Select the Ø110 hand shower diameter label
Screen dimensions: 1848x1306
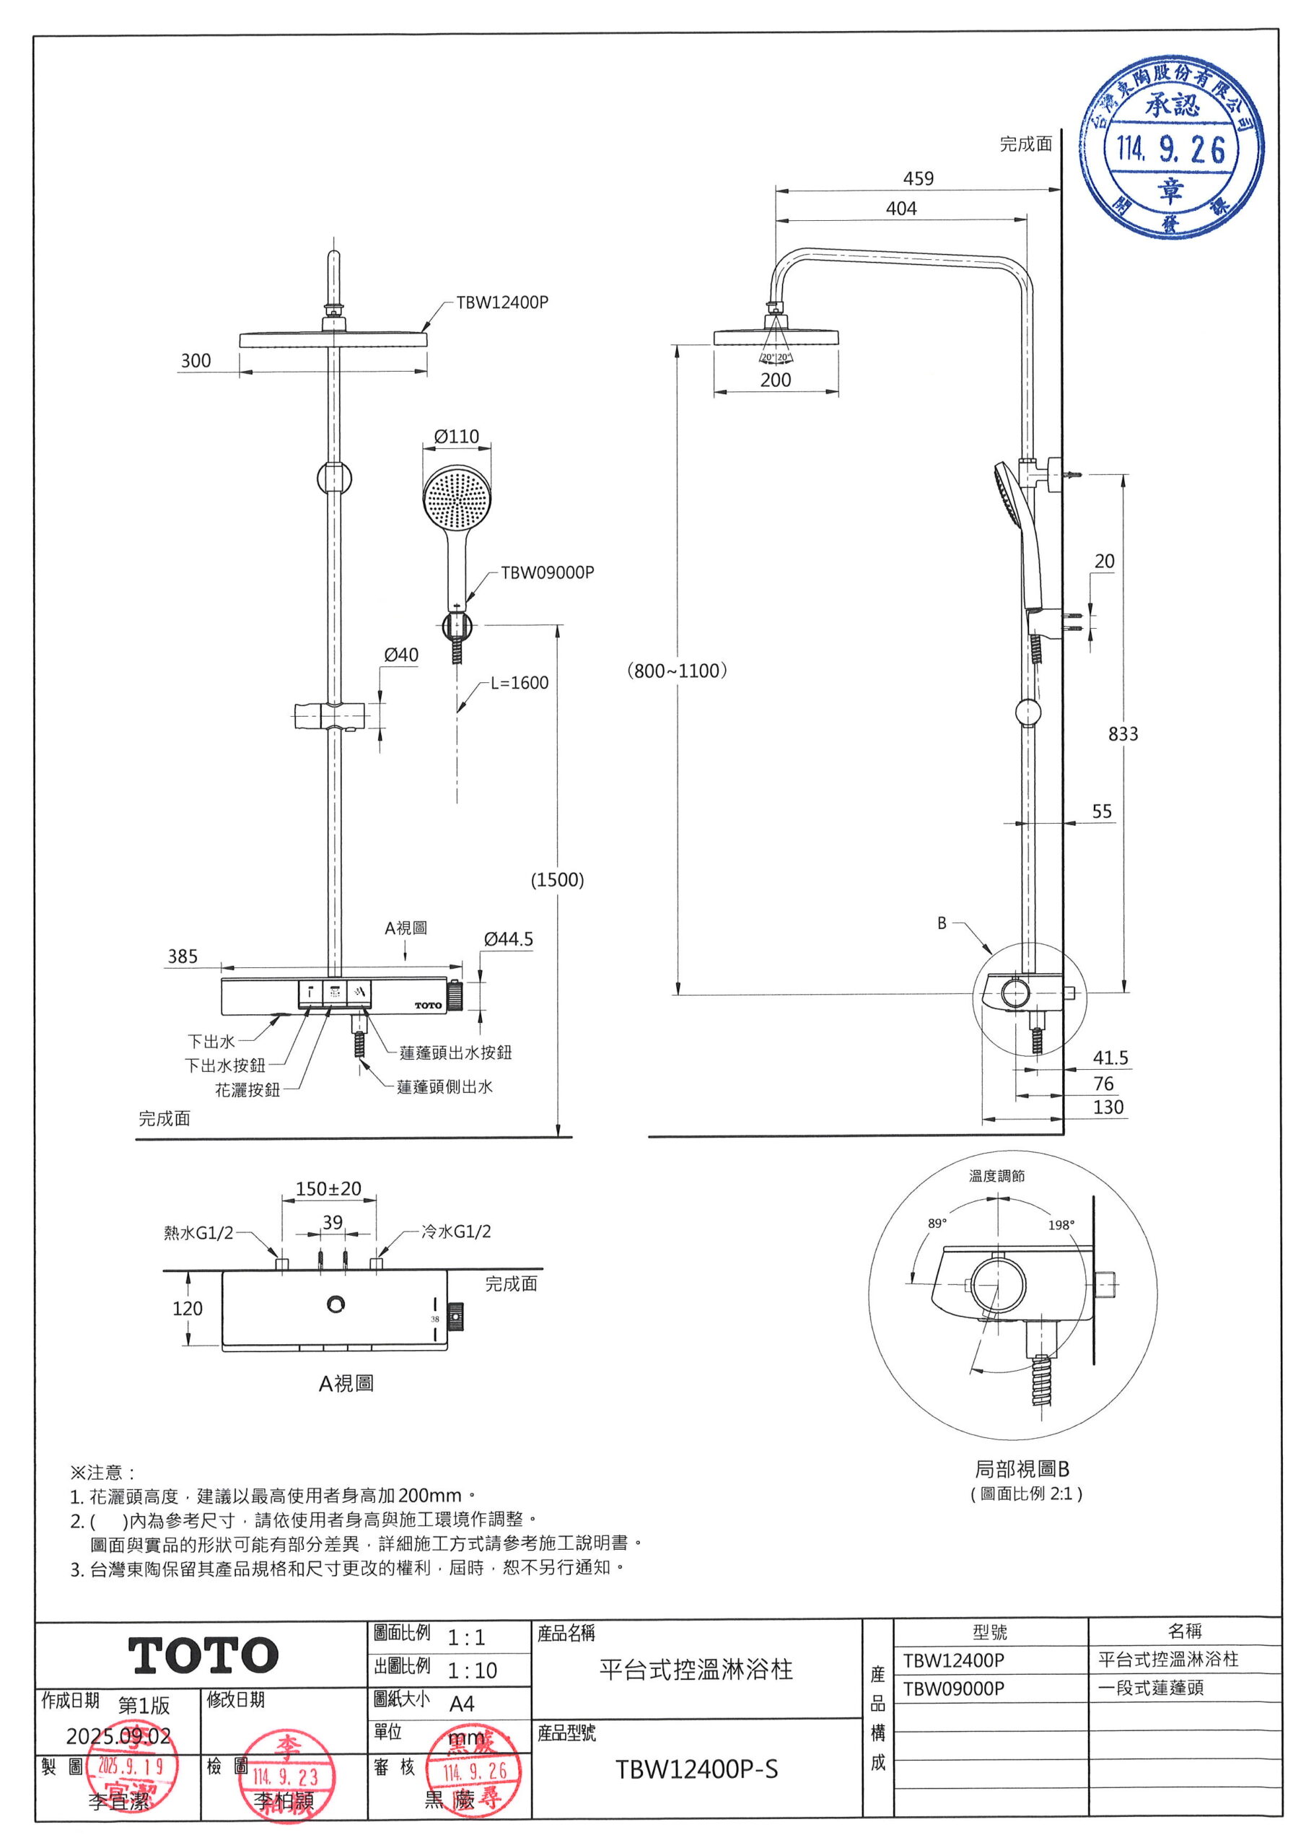tap(456, 436)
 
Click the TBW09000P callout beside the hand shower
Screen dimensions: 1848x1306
tap(547, 572)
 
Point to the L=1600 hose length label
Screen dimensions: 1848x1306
tap(519, 683)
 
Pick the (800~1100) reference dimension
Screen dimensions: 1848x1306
tap(677, 671)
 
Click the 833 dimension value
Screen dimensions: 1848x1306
tap(1123, 733)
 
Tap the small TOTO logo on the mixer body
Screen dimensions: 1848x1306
tap(428, 1006)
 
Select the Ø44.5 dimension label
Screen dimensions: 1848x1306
tap(509, 939)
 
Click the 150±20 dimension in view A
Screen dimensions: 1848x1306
tap(328, 1189)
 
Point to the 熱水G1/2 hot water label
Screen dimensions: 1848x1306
tap(198, 1232)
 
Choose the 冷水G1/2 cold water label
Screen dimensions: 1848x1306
tap(456, 1231)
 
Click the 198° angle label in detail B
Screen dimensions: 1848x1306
tap(1061, 1224)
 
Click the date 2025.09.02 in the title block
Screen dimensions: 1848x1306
tap(118, 1736)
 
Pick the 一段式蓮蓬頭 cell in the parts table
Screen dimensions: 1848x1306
tap(1152, 1688)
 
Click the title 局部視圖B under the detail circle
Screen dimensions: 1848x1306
tap(1022, 1469)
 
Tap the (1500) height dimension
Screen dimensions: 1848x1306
tap(557, 880)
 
